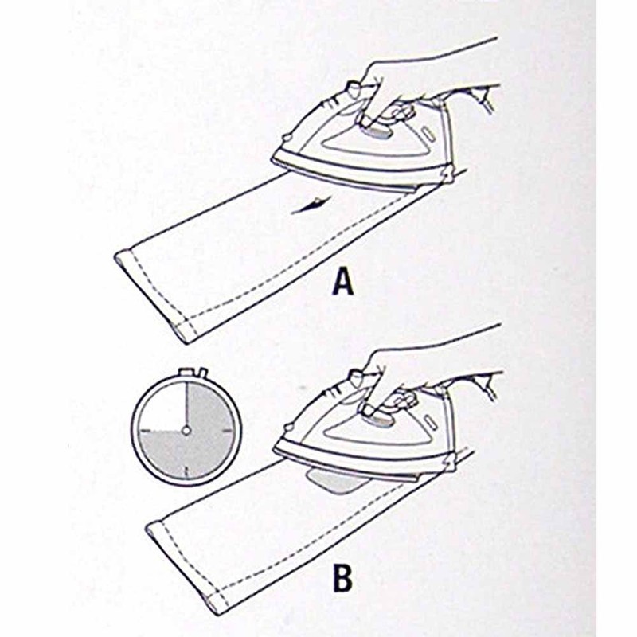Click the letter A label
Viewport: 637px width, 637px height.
pos(343,281)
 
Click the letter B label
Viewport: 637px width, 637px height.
pos(342,579)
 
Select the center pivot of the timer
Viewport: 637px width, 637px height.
pos(186,431)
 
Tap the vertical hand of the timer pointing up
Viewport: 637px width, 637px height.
pos(186,406)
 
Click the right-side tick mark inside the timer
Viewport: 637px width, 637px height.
pos(230,431)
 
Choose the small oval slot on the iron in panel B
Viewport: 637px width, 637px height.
pos(428,420)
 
